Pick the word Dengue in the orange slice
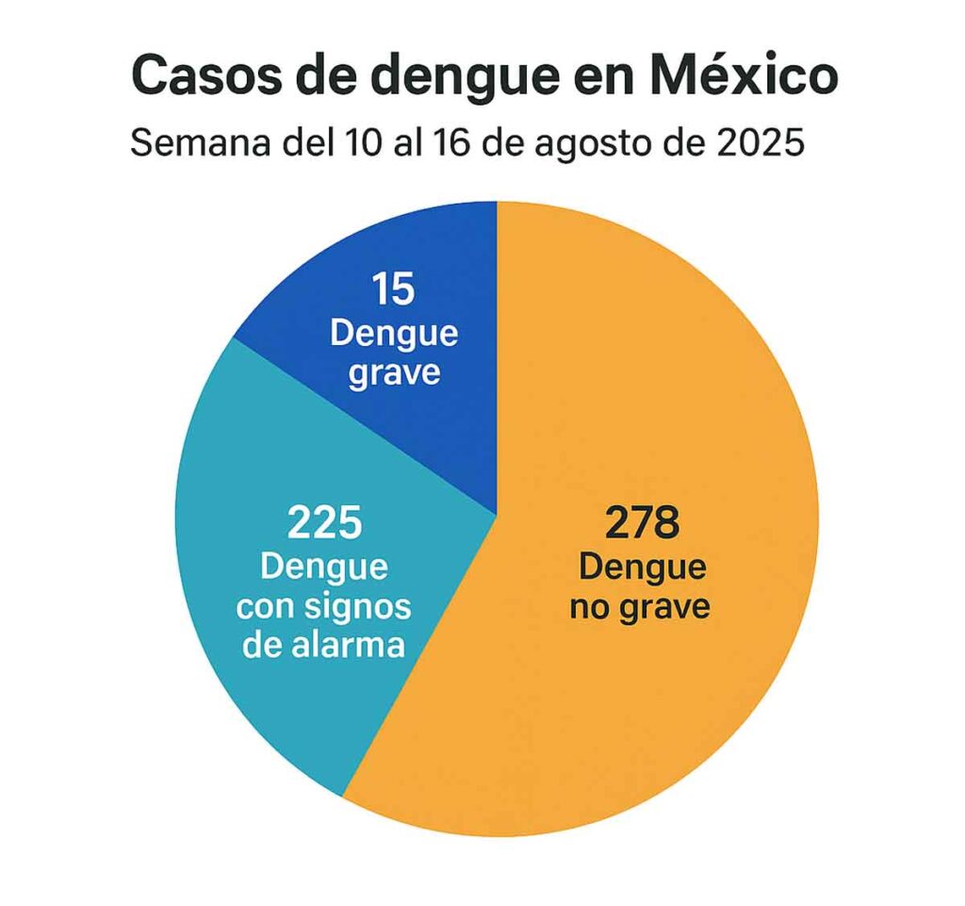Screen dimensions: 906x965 [x=641, y=568]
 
